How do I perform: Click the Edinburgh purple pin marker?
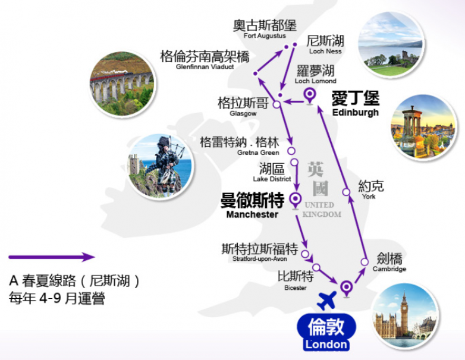310,96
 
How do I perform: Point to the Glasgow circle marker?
276,105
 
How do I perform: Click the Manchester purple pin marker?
295,201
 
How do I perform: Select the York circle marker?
346,192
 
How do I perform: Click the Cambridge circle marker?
365,262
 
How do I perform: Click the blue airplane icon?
327,300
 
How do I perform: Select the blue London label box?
326,332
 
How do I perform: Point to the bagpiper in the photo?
166,165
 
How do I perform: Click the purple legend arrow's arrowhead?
88,257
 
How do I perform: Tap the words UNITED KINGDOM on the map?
322,210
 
